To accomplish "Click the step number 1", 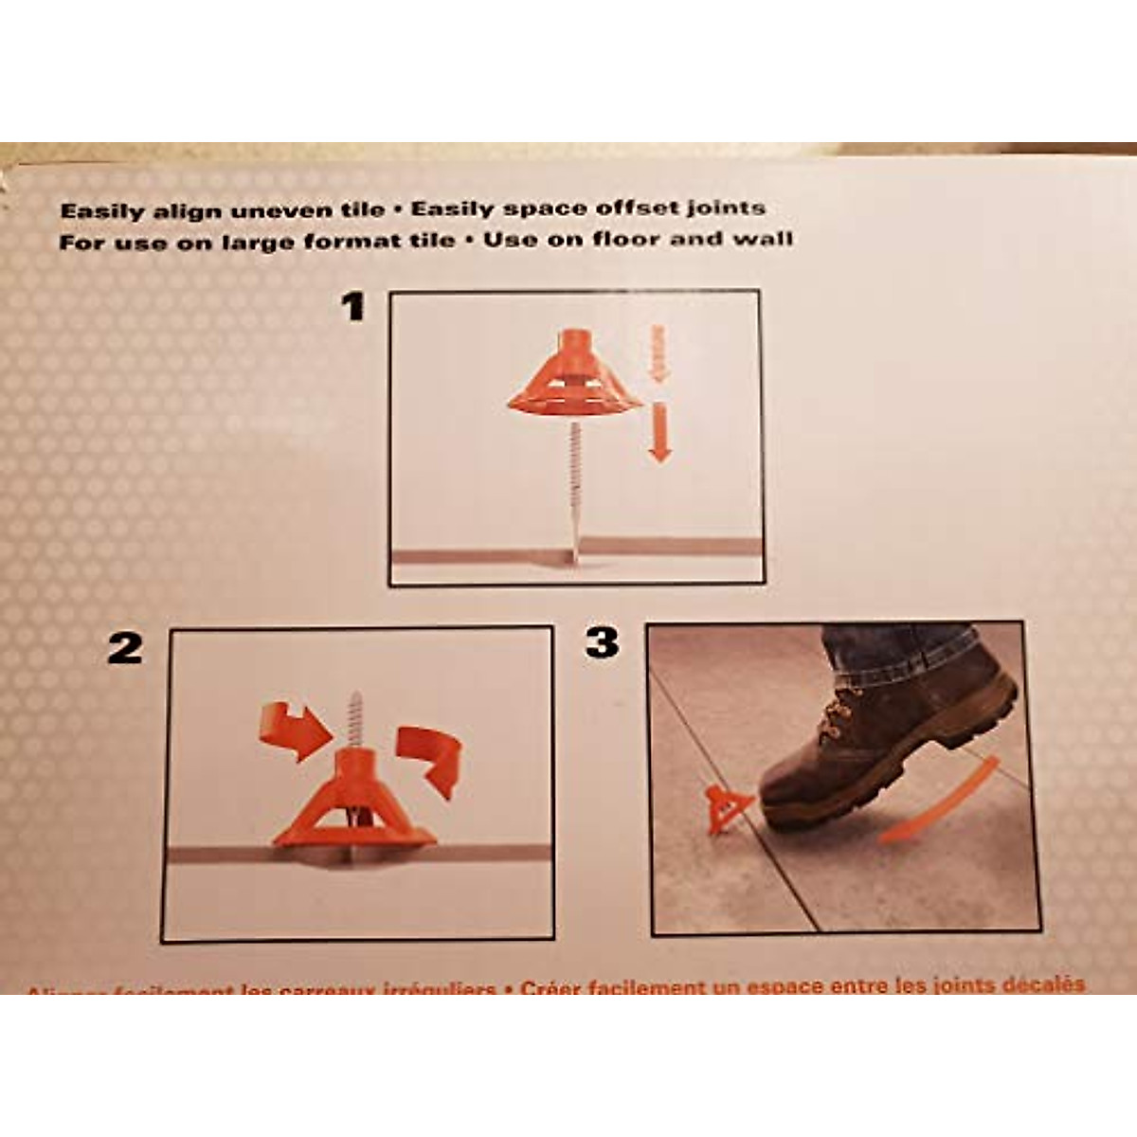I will point(353,307).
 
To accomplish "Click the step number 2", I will point(125,649).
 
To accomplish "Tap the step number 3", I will point(603,642).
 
